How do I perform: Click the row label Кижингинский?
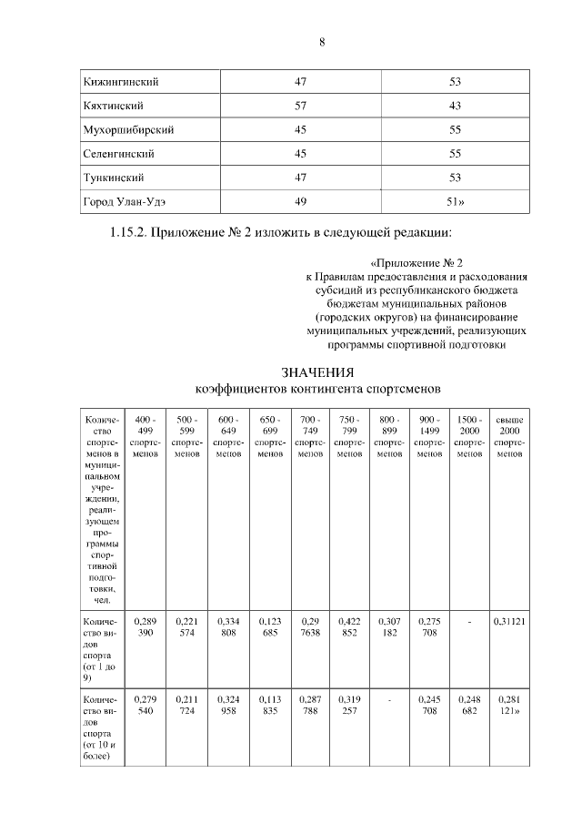pos(121,82)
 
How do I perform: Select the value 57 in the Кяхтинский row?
pos(300,106)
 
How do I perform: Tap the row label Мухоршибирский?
pos(128,129)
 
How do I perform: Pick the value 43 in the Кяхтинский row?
pos(456,106)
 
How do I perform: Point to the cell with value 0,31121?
pos(508,622)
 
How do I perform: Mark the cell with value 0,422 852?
pos(349,627)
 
